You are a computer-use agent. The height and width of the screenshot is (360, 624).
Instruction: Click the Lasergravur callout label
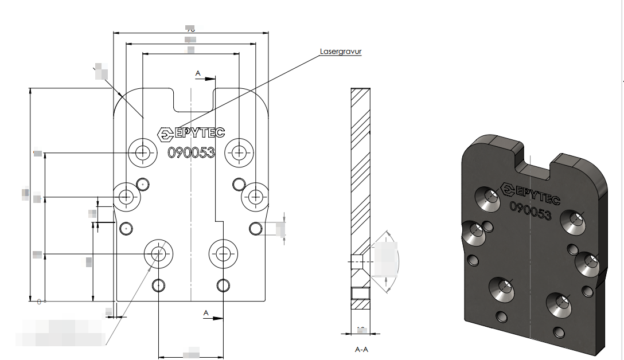341,52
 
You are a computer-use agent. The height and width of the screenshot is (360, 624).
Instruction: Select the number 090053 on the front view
191,152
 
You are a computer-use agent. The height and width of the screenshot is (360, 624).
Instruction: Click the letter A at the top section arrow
198,73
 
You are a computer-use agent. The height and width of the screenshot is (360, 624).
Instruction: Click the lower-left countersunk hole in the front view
159,253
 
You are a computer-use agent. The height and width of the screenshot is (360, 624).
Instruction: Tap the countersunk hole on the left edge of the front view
126,197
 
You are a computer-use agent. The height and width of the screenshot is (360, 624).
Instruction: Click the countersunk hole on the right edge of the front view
255,197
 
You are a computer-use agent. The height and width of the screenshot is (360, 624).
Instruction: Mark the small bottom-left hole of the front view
159,285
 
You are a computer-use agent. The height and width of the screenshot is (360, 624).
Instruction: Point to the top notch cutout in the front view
194,99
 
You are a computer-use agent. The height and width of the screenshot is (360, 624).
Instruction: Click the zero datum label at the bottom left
38,301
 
